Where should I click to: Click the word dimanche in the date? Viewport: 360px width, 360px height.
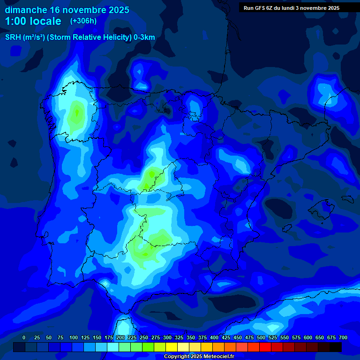coord(25,10)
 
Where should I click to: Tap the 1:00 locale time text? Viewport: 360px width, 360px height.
coord(33,21)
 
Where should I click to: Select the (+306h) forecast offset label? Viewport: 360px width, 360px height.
coord(83,21)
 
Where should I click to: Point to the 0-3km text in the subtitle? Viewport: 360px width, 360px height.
coord(144,37)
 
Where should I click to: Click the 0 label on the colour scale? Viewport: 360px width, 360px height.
coord(24,338)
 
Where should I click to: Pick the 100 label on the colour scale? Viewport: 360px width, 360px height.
coord(74,338)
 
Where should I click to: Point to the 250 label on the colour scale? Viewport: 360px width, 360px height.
coord(144,338)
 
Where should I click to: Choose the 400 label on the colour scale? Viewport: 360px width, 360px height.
coord(214,338)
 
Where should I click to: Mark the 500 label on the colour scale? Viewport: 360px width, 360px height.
coord(261,338)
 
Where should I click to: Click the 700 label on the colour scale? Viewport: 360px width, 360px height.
coord(343,338)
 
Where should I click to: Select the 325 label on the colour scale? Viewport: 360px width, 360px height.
coord(179,338)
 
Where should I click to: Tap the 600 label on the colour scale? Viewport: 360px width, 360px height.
coord(308,338)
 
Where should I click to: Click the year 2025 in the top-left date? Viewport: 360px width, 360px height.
coord(118,10)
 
